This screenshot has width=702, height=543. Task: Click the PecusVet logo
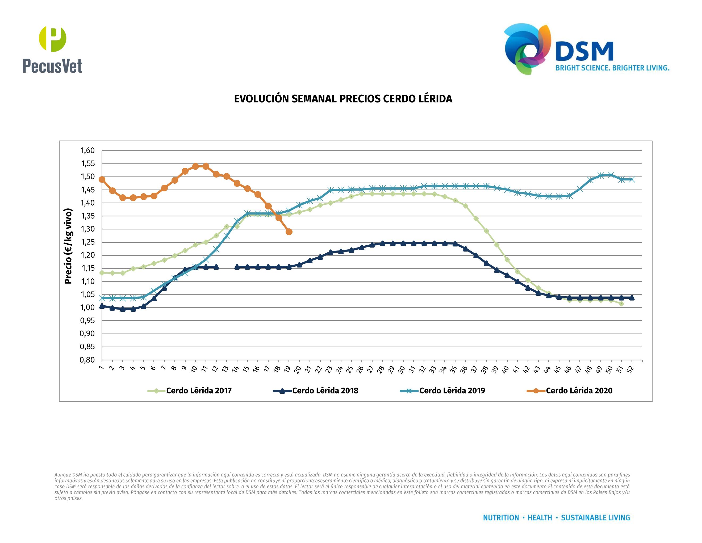coord(52,50)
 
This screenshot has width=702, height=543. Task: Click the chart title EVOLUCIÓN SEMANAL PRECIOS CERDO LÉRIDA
coord(343,99)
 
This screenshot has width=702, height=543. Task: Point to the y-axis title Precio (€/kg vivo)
coord(68,246)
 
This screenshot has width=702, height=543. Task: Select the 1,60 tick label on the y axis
coord(87,151)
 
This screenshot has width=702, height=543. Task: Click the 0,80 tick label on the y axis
coord(87,360)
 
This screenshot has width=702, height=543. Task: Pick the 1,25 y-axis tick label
coord(87,242)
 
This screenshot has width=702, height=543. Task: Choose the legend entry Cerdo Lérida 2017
coord(199,391)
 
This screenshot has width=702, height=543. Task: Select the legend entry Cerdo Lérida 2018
coord(325,391)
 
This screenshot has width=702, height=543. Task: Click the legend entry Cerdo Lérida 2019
coord(452,391)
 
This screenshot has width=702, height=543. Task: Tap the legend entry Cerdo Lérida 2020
coord(579,391)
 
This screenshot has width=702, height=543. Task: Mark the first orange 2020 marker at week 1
coord(102,179)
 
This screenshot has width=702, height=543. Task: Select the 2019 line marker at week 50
coord(611,175)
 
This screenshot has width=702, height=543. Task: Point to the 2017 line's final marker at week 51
coord(621,304)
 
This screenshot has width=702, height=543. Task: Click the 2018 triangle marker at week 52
coord(632,298)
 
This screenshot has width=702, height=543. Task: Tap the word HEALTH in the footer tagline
coord(540,518)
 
